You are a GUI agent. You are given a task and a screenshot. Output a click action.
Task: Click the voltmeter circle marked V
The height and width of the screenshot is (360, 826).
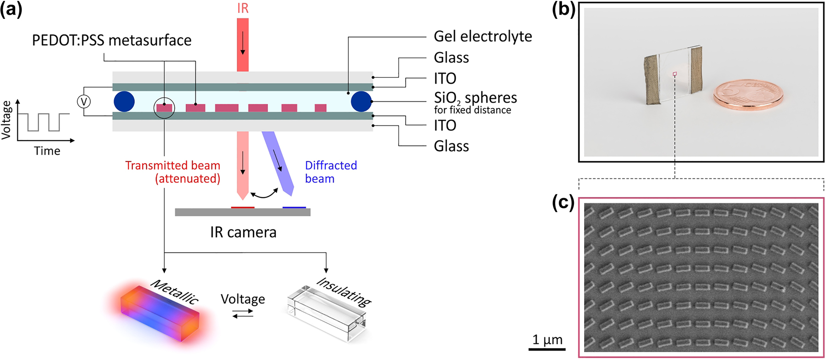point(84,102)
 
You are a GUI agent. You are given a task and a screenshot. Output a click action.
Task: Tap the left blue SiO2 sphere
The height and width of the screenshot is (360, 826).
point(124,102)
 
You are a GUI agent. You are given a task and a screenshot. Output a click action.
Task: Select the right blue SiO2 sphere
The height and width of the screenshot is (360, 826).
point(361,102)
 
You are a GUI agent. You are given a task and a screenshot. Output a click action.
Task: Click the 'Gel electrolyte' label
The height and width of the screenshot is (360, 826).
point(483,36)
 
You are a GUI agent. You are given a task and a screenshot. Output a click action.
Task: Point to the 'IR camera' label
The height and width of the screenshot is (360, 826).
point(243,232)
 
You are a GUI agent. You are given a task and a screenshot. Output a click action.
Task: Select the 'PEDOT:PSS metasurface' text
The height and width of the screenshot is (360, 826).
point(112,40)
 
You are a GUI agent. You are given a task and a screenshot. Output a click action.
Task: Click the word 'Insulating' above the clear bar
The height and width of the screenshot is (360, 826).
point(344,291)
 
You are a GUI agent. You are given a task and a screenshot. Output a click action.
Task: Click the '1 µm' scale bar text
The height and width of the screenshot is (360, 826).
point(547,339)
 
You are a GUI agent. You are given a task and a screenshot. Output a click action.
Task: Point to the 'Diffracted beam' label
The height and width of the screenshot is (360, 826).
point(331,172)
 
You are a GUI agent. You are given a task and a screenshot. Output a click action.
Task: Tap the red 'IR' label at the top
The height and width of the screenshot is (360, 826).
point(243,8)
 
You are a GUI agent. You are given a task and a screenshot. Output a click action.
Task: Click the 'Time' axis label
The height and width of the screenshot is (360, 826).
point(47,151)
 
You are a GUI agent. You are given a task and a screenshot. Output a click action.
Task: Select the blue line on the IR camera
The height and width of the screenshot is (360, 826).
point(294,207)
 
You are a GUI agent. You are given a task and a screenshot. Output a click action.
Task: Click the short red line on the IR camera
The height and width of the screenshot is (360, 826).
point(242,207)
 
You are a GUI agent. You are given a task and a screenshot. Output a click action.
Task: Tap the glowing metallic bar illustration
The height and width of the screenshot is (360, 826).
point(160,317)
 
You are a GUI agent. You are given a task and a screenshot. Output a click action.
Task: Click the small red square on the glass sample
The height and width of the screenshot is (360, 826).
point(675,74)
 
